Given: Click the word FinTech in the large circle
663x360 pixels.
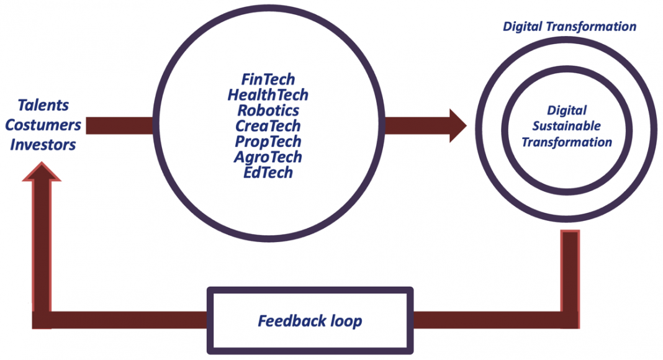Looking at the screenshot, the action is pyautogui.click(x=268, y=79).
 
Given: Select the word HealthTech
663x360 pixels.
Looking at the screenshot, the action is pyautogui.click(x=268, y=94).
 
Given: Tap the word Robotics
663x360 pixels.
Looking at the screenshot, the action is pyautogui.click(x=268, y=110).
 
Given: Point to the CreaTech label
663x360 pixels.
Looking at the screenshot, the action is pyautogui.click(x=268, y=126).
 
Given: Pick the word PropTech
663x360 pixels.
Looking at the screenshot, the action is pyautogui.click(x=268, y=142).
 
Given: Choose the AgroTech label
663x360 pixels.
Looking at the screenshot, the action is pyautogui.click(x=268, y=157).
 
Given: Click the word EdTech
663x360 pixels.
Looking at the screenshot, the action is pyautogui.click(x=268, y=173).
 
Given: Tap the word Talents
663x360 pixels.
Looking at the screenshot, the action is pyautogui.click(x=43, y=106).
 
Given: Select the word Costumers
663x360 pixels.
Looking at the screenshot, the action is pyautogui.click(x=43, y=125).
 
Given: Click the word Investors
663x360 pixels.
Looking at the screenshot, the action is pyautogui.click(x=43, y=145).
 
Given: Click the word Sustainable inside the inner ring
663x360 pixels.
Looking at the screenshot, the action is pyautogui.click(x=567, y=126).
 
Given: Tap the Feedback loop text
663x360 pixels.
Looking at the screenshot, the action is pyautogui.click(x=310, y=321).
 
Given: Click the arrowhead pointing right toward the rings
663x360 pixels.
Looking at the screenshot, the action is pyautogui.click(x=458, y=125).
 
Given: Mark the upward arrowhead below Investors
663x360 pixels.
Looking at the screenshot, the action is pyautogui.click(x=42, y=171).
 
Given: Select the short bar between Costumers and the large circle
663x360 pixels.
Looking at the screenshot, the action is pyautogui.click(x=120, y=125).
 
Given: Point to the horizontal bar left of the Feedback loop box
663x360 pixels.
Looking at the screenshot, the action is pyautogui.click(x=120, y=320).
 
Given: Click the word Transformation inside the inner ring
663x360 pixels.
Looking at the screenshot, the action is pyautogui.click(x=567, y=142).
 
